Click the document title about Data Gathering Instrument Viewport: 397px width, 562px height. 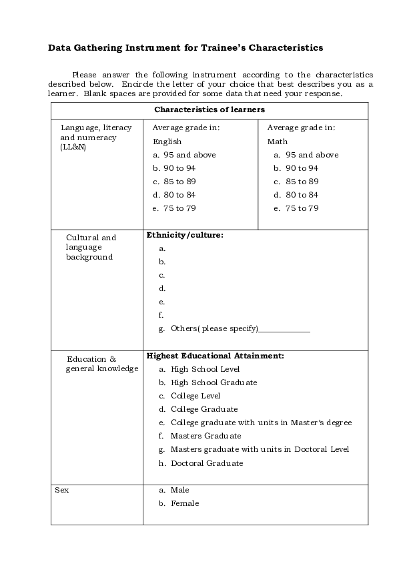(x=185, y=48)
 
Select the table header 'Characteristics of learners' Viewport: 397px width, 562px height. (x=210, y=109)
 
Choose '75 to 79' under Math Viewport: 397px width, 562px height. (x=302, y=208)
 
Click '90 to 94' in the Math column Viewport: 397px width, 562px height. (x=302, y=168)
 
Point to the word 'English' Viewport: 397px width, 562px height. (x=167, y=142)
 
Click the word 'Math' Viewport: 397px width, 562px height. (x=278, y=142)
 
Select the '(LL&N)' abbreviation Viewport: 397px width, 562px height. (x=73, y=147)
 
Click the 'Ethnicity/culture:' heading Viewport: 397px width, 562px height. (x=185, y=235)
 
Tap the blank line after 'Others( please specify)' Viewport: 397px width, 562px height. (x=284, y=329)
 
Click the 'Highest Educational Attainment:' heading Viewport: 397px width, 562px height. (x=215, y=356)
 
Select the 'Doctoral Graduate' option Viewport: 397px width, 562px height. (x=207, y=463)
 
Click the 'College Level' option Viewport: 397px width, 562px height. (x=195, y=396)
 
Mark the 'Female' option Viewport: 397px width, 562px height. (x=185, y=503)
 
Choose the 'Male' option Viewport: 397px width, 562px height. (x=180, y=490)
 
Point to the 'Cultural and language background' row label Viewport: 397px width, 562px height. (x=91, y=247)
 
